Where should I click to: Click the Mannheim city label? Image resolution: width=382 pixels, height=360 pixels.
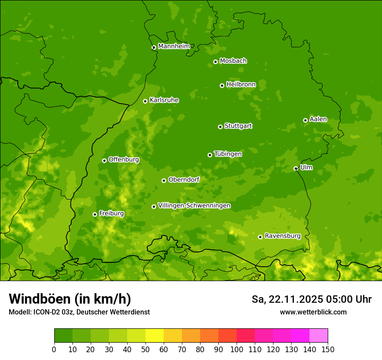174,46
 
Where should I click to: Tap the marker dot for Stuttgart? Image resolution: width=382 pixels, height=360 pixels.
220,127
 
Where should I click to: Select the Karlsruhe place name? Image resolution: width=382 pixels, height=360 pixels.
164,100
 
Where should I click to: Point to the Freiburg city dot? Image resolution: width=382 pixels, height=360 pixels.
95,214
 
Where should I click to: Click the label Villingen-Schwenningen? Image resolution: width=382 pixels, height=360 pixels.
194,206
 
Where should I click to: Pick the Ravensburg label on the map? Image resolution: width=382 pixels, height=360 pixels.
283,236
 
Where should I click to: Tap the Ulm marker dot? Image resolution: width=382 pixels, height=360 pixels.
296,168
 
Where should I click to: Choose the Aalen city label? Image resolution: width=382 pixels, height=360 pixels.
318,119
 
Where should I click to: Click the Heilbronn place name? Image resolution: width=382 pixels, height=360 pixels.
241,85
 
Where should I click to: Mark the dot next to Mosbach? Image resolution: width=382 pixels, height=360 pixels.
215,62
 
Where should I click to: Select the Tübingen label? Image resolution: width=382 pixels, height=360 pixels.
228,154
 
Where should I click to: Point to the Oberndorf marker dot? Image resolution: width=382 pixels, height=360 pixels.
164,180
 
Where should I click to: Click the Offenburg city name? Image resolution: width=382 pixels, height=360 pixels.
124,160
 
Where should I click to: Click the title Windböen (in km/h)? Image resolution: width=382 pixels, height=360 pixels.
70,299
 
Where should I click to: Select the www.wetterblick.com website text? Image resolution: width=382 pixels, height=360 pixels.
313,312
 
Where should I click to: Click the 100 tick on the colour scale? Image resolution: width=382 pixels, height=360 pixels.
237,349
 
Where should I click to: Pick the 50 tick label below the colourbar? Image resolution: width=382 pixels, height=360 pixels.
145,349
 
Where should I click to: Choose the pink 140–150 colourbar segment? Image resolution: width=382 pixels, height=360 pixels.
319,335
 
